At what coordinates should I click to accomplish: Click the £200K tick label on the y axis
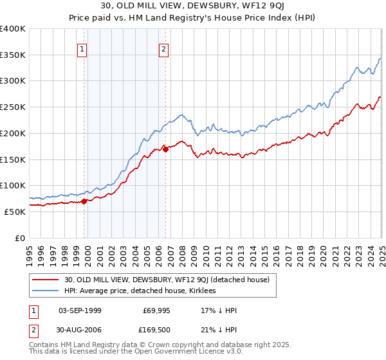pyautogui.click(x=13, y=133)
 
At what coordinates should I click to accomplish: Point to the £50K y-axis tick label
pyautogui.click(x=15, y=212)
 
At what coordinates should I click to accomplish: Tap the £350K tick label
pyautogui.click(x=13, y=55)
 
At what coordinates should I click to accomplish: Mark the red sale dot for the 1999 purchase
pyautogui.click(x=84, y=201)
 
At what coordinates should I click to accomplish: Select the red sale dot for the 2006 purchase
pyautogui.click(x=165, y=149)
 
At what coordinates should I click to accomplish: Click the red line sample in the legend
pyautogui.click(x=46, y=280)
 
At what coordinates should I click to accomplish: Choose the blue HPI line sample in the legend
pyautogui.click(x=46, y=291)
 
